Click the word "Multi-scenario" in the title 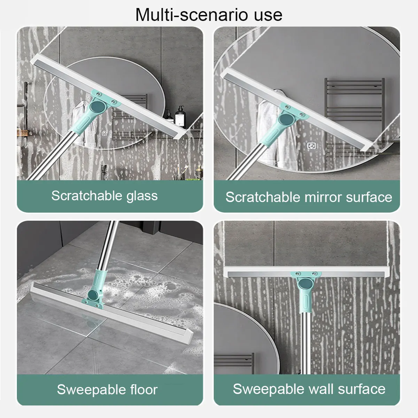[x=192, y=15]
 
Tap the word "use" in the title [x=268, y=16]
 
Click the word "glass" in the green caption [x=142, y=196]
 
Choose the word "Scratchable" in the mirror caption [x=263, y=197]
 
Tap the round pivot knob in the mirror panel [x=286, y=120]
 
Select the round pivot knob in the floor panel [x=93, y=295]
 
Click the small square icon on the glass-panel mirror [x=104, y=134]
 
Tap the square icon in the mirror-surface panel [x=311, y=146]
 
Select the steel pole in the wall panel [x=305, y=343]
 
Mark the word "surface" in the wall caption [x=362, y=389]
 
